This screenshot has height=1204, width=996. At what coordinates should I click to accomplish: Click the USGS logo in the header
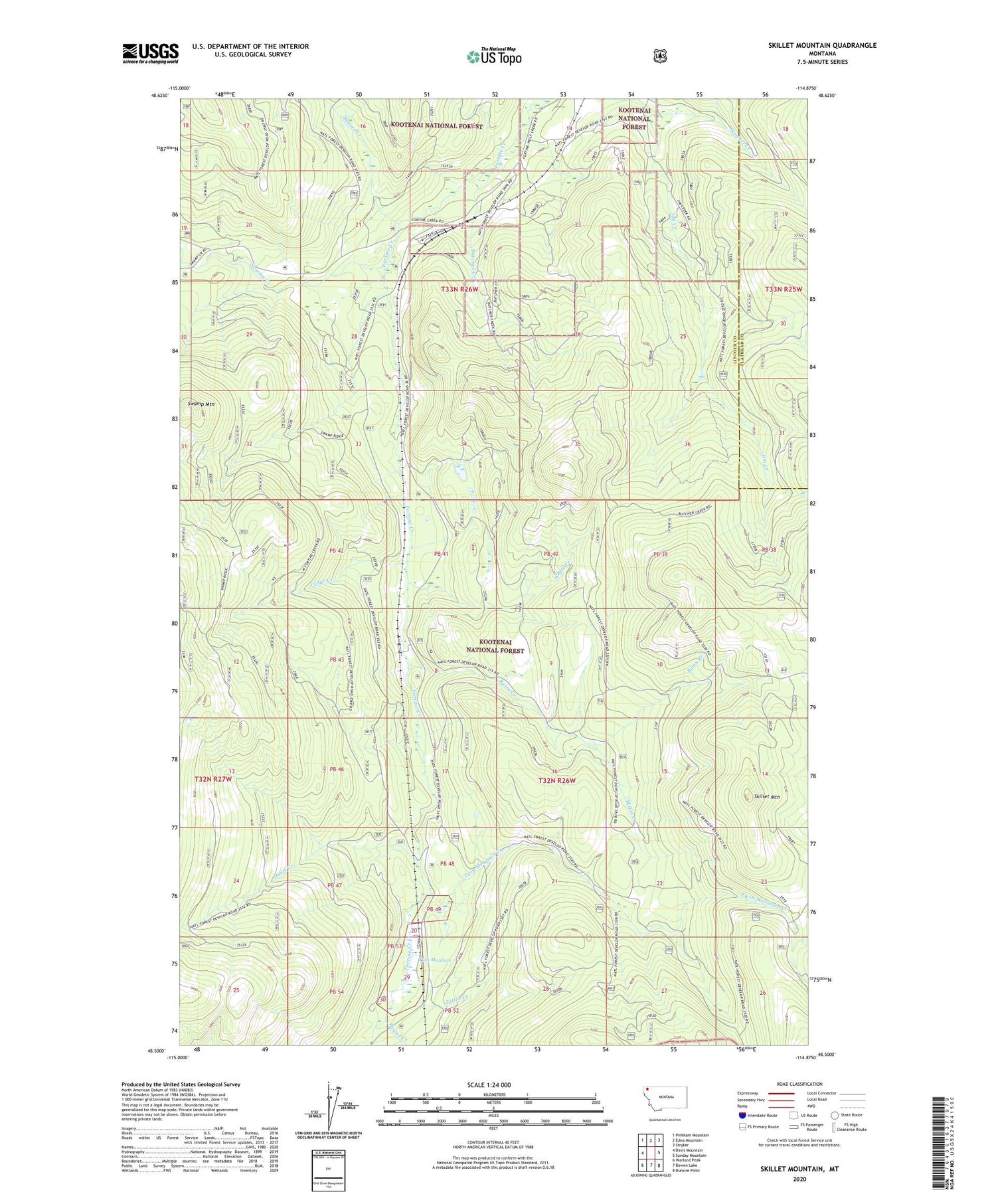[x=150, y=53]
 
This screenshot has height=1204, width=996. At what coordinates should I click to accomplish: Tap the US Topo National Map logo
[x=493, y=56]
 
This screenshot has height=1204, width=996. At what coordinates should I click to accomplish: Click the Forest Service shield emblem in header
[x=659, y=56]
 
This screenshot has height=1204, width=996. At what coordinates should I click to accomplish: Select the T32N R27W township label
[x=213, y=778]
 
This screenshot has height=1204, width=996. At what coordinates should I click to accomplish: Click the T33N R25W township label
[x=784, y=290]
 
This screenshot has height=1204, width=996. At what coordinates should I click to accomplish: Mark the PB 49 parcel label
[x=434, y=909]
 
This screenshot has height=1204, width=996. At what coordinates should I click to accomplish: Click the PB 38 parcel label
[x=768, y=549]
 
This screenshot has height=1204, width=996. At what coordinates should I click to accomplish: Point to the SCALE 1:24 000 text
[x=493, y=1084]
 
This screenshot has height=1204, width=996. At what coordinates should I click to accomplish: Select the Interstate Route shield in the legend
[x=742, y=1115]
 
